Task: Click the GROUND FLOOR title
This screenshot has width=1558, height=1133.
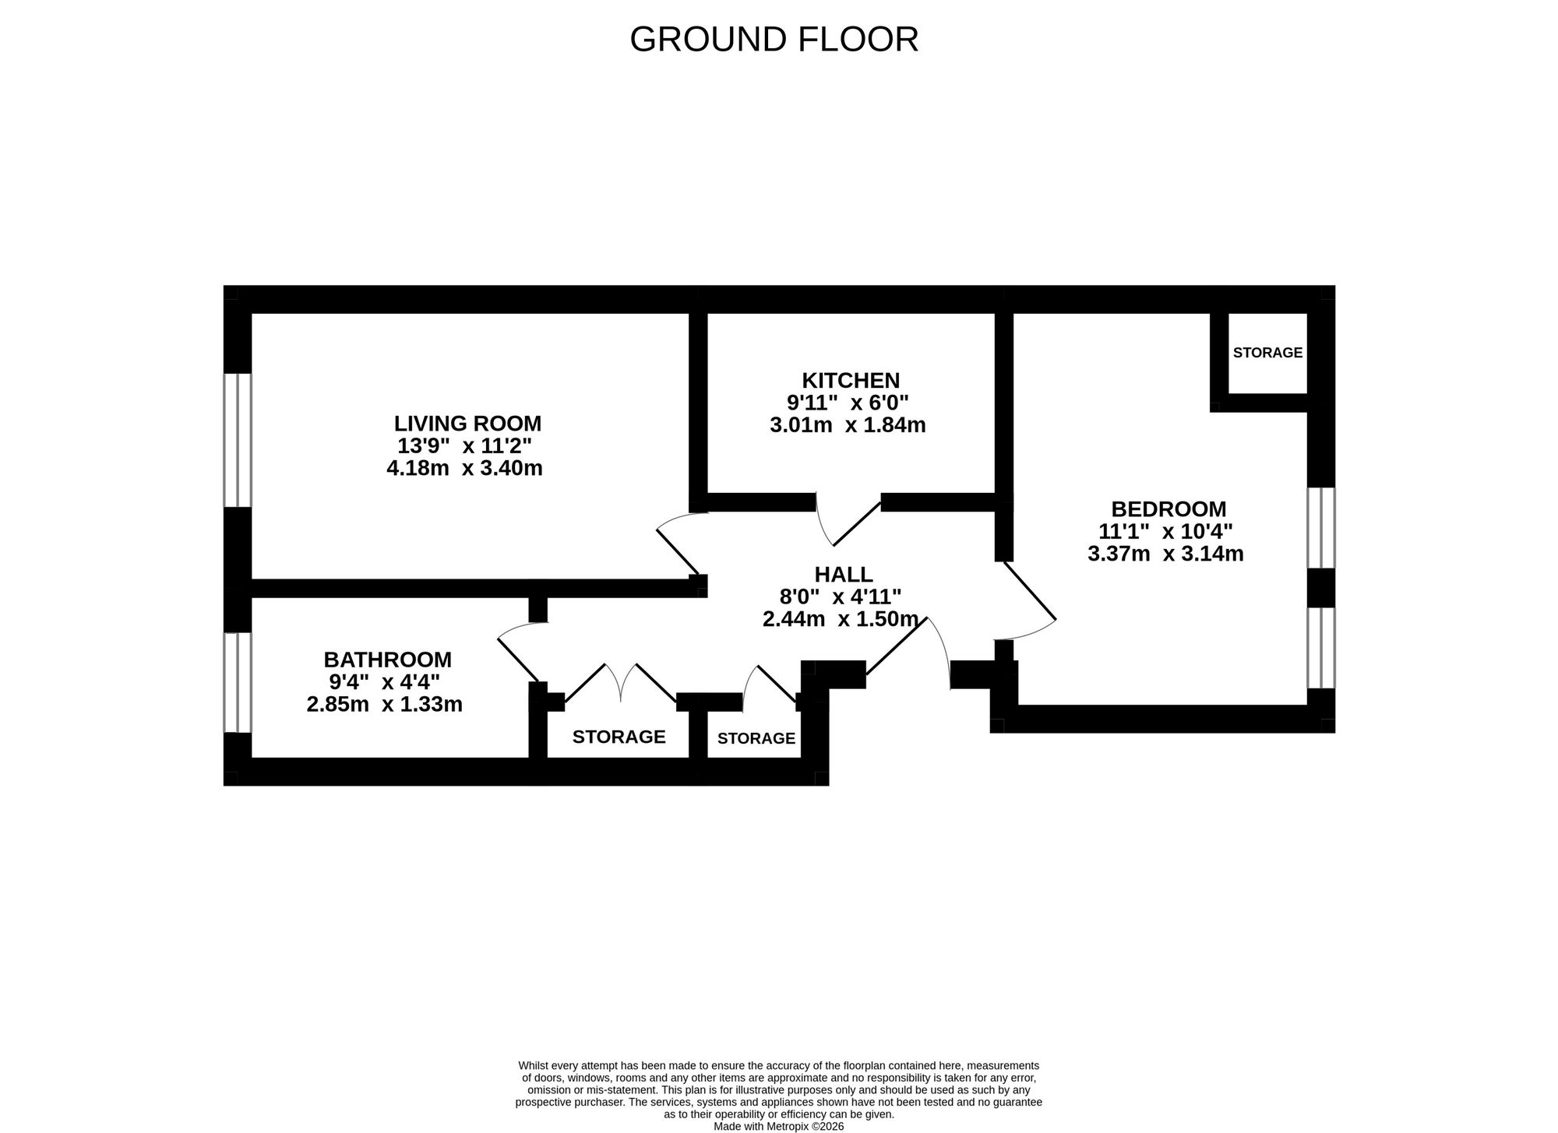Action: [774, 40]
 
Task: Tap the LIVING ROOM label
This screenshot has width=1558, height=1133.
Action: [467, 424]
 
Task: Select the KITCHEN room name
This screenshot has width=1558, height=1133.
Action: [851, 381]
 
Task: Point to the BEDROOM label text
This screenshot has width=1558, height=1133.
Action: [1168, 509]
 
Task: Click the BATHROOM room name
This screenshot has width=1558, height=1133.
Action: [387, 660]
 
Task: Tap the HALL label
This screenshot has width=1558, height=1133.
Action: [844, 575]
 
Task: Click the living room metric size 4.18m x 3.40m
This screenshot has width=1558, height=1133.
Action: [464, 469]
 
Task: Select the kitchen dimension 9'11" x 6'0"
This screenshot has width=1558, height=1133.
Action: [848, 403]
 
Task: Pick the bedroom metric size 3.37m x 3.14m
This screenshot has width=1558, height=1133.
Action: [1165, 554]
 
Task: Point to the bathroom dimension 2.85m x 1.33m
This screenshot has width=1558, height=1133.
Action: [385, 705]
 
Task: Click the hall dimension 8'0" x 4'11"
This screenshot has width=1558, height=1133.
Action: [841, 596]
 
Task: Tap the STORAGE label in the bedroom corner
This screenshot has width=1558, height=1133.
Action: [1267, 353]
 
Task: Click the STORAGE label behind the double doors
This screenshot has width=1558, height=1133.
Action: [619, 737]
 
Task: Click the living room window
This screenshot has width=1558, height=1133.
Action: [238, 440]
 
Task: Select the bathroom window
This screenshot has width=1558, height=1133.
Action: [238, 682]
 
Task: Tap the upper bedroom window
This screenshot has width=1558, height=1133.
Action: [1321, 528]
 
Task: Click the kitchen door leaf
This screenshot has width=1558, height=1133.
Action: [858, 523]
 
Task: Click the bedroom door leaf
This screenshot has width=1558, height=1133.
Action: [1028, 590]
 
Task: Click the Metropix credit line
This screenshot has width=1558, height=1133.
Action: [778, 1127]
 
